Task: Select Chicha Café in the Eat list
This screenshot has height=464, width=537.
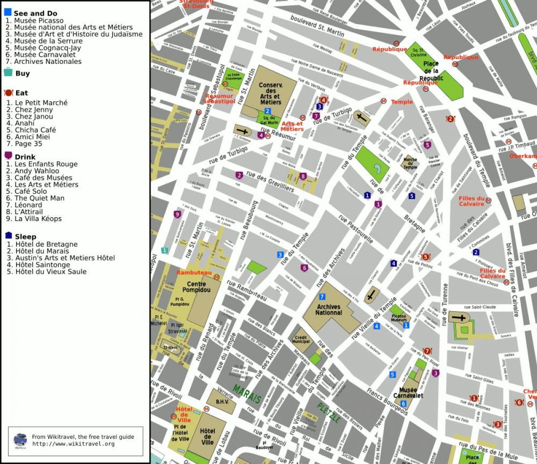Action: [x=35, y=130]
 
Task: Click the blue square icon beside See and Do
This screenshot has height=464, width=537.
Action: [x=8, y=12]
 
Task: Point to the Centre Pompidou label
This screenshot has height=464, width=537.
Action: [x=196, y=287]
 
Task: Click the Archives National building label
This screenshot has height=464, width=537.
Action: [x=328, y=310]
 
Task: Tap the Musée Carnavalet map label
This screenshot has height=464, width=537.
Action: [x=408, y=393]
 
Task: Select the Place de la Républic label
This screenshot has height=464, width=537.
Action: [x=431, y=71]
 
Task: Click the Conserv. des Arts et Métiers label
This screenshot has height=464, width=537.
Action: [x=271, y=93]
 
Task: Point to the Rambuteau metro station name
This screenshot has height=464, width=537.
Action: [x=194, y=273]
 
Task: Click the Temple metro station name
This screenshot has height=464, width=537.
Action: [x=402, y=102]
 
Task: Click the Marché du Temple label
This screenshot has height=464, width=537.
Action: [x=410, y=163]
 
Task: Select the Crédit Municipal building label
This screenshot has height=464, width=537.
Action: [x=301, y=339]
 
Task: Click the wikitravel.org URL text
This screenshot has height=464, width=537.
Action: [x=73, y=444]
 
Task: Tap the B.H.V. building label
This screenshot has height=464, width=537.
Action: [x=222, y=402]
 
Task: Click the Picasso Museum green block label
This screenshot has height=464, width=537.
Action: [x=398, y=318]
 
